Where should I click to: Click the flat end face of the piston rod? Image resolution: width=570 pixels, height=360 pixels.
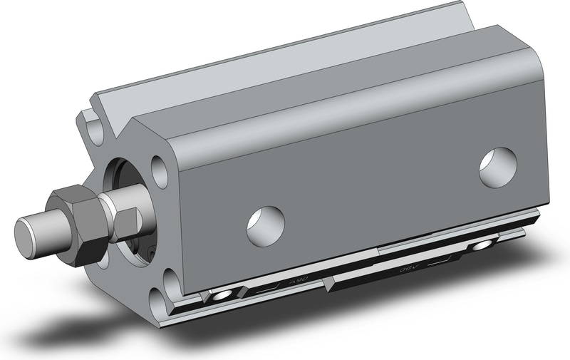click(x=28, y=232)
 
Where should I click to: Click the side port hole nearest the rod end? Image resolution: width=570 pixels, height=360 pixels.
click(x=266, y=225)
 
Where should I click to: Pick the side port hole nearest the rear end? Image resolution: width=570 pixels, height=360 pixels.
click(x=497, y=168)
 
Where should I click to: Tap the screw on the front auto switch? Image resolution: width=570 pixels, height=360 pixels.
click(x=224, y=294)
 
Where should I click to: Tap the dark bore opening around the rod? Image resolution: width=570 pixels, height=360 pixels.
click(x=118, y=175)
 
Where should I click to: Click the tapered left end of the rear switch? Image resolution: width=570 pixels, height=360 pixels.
click(x=328, y=285)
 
